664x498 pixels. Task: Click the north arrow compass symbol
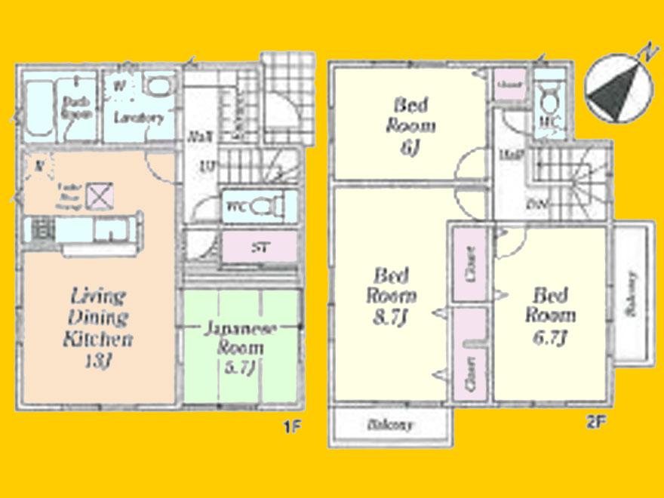coord(619,89)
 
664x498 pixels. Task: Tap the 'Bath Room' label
coord(76,108)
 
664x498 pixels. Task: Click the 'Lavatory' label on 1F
coord(137,118)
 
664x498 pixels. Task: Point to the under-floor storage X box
coord(97,195)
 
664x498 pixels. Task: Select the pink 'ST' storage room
coord(258,247)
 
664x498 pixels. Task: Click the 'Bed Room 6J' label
coord(410,125)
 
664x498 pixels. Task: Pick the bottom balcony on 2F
coord(390,426)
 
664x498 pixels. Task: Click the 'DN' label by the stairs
coord(538,204)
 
